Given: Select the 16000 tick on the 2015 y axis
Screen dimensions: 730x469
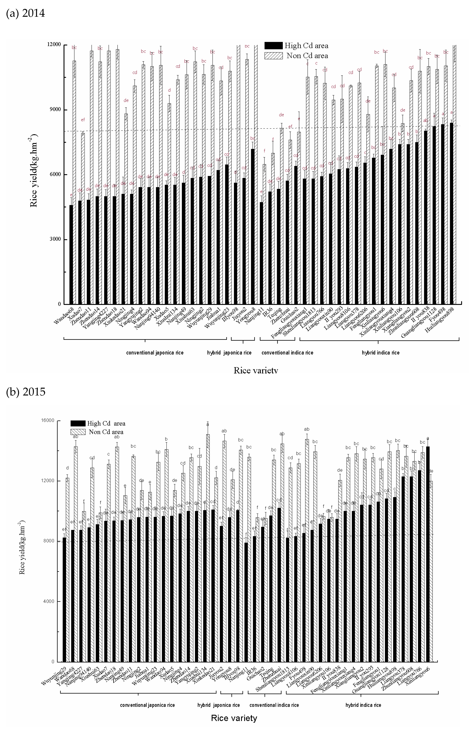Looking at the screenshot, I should (47, 420).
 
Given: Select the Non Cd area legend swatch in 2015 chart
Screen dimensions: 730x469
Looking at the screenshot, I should (78, 432).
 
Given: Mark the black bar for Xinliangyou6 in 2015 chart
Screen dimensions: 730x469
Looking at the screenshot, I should (428, 554).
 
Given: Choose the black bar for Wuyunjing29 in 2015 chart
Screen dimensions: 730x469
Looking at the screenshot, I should (64, 600).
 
